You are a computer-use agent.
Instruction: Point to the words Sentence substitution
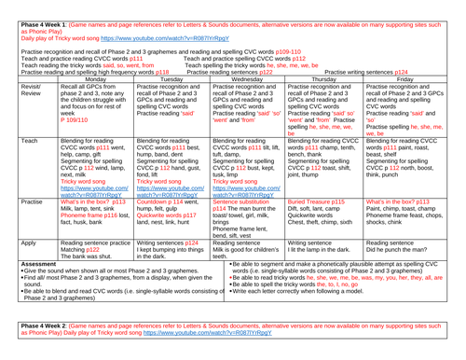(248, 228)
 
